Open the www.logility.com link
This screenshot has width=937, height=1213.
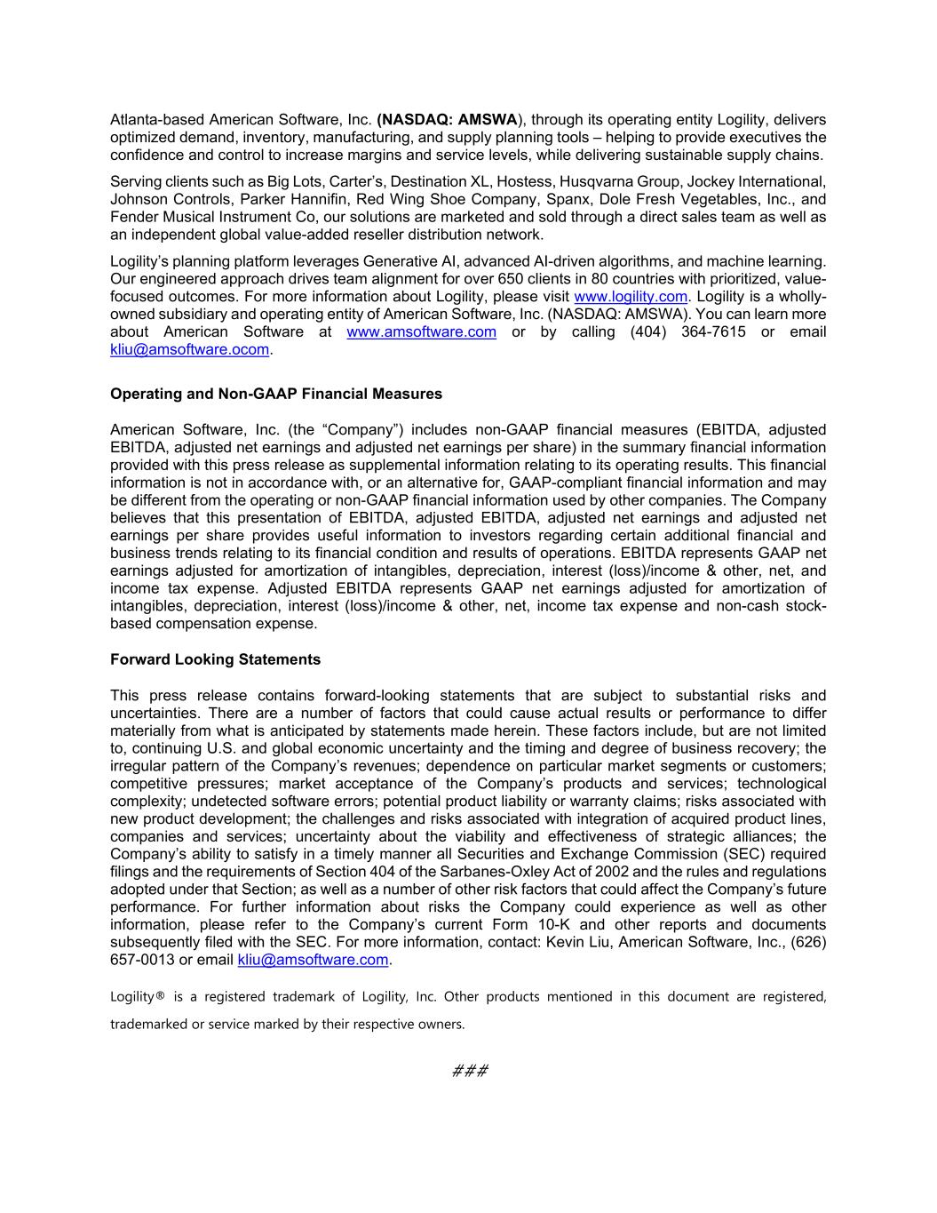tap(631, 297)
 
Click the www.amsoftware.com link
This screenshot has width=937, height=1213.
tap(421, 332)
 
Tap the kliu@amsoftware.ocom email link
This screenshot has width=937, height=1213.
tap(189, 350)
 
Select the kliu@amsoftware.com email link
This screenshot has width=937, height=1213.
tap(314, 960)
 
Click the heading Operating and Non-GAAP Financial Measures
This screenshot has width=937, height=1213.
tap(275, 394)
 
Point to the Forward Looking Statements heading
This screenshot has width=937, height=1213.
tap(215, 659)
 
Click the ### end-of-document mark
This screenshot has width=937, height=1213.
tap(470, 1071)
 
